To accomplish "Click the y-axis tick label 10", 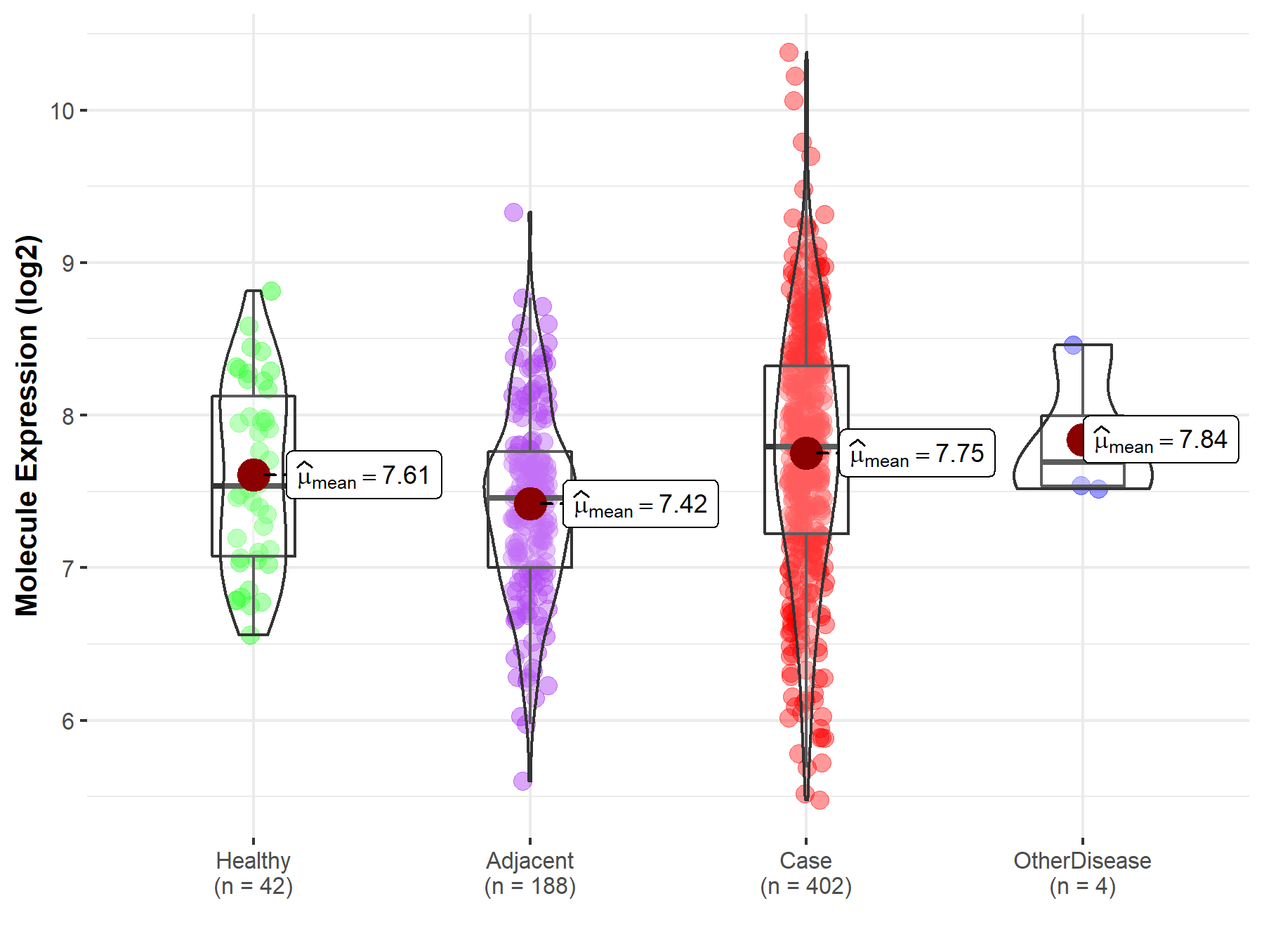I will click(x=62, y=111).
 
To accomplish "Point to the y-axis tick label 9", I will click(x=68, y=263).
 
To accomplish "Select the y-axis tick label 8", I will click(x=68, y=416).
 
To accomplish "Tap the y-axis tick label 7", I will click(x=68, y=568).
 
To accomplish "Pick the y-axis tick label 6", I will click(x=68, y=721).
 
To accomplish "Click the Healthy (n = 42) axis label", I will click(x=254, y=874).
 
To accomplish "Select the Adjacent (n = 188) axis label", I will click(x=530, y=874).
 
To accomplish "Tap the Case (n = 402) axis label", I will click(x=806, y=874).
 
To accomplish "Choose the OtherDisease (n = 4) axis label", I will click(x=1082, y=874).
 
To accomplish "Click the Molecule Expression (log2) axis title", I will click(x=27, y=426).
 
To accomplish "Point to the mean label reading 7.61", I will click(x=364, y=475).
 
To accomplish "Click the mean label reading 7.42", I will click(x=640, y=504).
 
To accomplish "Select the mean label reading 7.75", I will click(x=917, y=454).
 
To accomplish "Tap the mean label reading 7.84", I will click(x=1161, y=440).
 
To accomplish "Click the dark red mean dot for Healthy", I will click(x=254, y=475).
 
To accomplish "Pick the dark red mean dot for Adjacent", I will click(x=530, y=503).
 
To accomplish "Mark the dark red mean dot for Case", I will click(x=806, y=453).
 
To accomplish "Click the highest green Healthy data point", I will click(x=271, y=291).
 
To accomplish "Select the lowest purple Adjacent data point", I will click(x=522, y=781).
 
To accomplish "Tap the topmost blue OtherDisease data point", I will click(x=1073, y=345).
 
